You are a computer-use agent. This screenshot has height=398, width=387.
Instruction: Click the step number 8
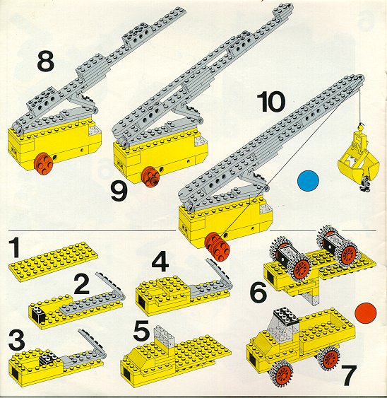(x=46, y=61)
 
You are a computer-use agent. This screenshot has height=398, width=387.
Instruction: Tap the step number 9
(x=119, y=192)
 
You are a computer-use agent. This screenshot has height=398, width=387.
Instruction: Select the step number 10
(x=271, y=102)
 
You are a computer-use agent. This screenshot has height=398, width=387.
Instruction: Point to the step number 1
(x=15, y=248)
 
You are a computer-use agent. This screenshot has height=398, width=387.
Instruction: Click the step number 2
(x=82, y=285)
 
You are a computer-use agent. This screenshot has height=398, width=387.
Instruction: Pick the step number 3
(x=16, y=340)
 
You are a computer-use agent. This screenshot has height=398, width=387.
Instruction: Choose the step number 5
(x=141, y=331)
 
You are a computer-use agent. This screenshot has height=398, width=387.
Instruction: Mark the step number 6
(x=258, y=293)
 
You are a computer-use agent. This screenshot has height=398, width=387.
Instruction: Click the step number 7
(x=349, y=375)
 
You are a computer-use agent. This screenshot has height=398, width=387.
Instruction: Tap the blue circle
(x=308, y=181)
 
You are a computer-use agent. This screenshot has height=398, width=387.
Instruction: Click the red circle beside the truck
(x=365, y=313)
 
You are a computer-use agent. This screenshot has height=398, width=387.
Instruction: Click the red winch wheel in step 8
(x=44, y=164)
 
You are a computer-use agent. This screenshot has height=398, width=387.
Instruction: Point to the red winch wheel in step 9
(x=150, y=176)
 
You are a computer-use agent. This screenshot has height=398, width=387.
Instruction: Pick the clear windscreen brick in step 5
(x=165, y=336)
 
